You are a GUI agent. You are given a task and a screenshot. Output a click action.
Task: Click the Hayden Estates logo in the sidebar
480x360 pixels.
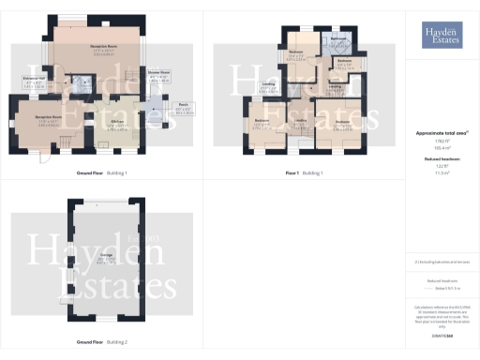(x=442, y=35)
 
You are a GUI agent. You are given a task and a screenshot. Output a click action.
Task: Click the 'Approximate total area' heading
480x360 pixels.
(x=441, y=133)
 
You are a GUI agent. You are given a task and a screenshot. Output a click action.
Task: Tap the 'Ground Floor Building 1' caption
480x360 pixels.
(x=102, y=173)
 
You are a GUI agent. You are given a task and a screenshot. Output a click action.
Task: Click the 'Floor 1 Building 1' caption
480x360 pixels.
(x=305, y=173)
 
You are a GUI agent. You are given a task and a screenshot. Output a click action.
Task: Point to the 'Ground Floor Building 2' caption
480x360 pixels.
(x=102, y=342)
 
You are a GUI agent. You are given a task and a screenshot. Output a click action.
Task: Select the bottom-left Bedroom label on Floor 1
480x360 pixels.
(x=262, y=122)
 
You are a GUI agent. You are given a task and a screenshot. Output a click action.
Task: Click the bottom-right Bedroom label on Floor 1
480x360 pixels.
(x=342, y=122)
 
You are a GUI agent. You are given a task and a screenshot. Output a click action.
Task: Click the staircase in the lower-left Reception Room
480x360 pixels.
(x=68, y=142)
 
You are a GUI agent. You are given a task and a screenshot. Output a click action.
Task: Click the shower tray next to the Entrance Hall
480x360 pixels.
(x=84, y=82)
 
